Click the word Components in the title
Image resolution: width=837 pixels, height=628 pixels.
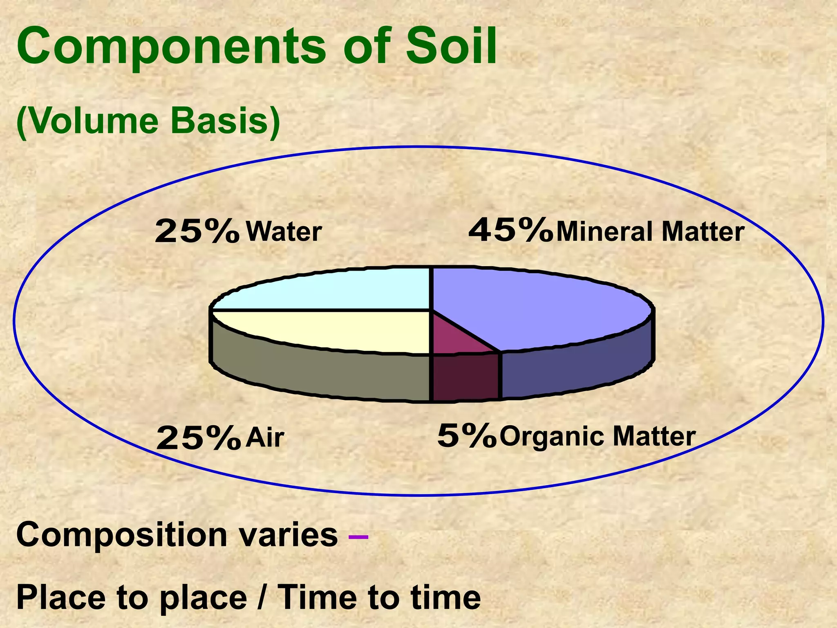point(171,46)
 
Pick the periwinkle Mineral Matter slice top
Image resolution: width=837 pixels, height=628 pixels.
point(539,307)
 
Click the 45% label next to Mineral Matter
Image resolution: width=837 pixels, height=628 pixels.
point(510,231)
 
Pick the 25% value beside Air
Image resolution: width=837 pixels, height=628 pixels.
point(198,438)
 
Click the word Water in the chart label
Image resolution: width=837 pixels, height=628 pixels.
point(284,232)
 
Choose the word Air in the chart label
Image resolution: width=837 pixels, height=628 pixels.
point(264,437)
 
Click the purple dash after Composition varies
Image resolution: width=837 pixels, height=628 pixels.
point(358,536)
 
